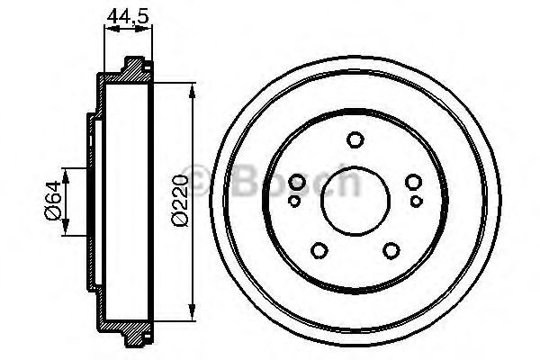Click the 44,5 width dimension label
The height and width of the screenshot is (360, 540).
click(128, 16)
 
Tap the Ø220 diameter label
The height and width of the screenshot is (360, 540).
click(181, 201)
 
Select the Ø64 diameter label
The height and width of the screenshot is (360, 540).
click(53, 201)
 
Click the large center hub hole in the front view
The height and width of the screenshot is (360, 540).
click(355, 202)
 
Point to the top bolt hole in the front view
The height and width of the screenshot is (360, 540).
click(355, 139)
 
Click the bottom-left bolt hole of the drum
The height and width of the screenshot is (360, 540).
click(319, 250)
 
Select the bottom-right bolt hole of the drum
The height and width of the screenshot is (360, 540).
click(391, 250)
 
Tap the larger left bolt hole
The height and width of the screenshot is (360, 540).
click(297, 182)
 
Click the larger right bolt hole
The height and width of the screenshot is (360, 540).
click(413, 182)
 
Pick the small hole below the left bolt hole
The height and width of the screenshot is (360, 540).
click(294, 201)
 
